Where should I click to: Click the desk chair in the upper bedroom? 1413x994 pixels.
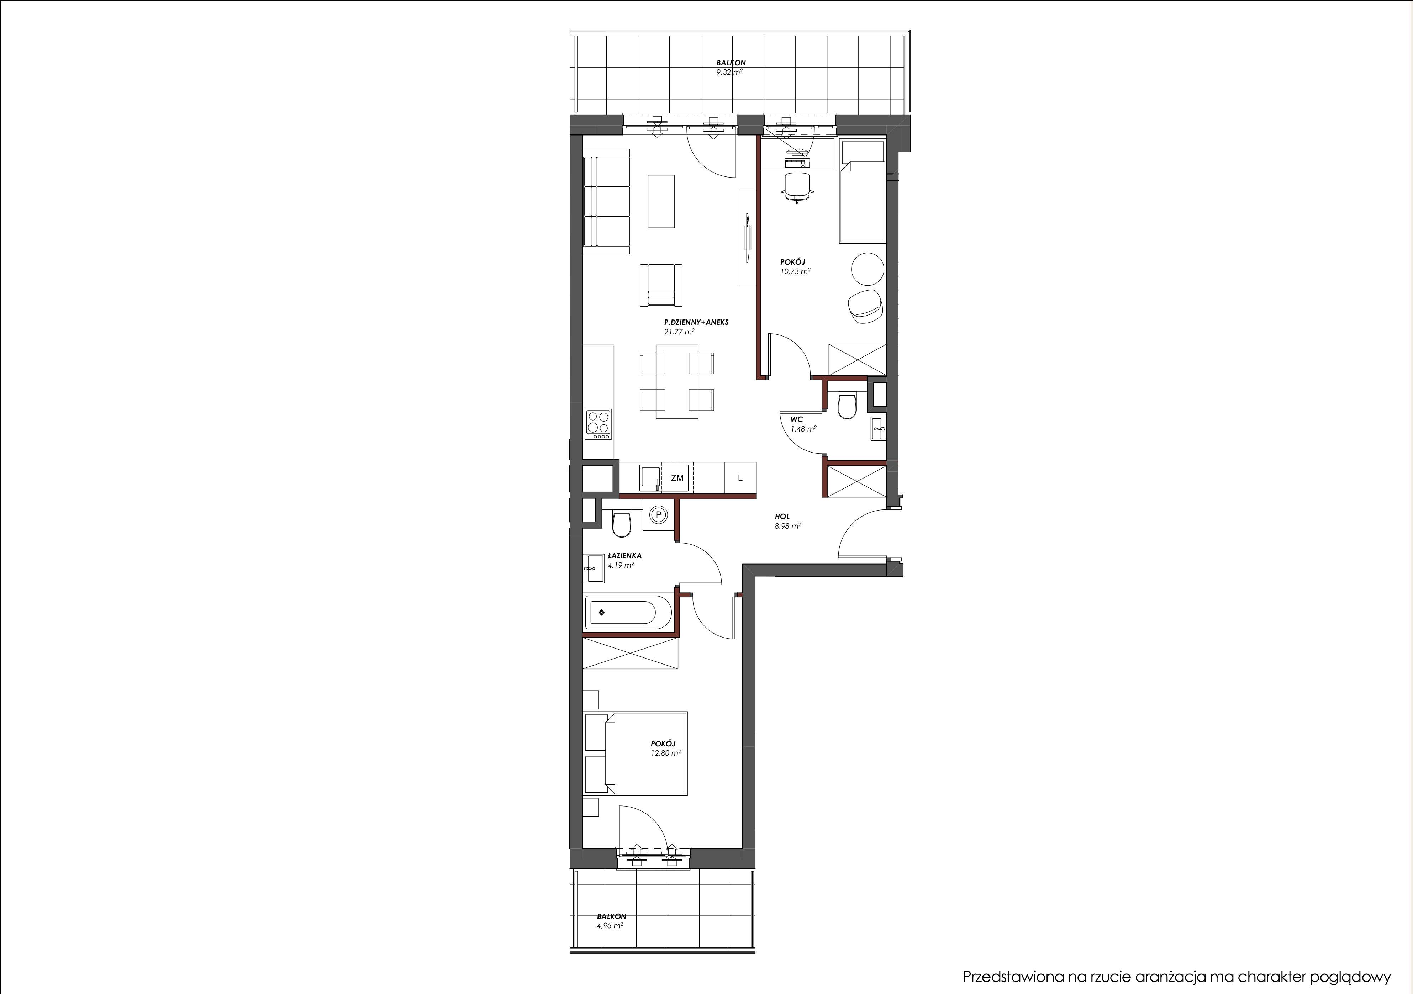coord(797,186)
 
